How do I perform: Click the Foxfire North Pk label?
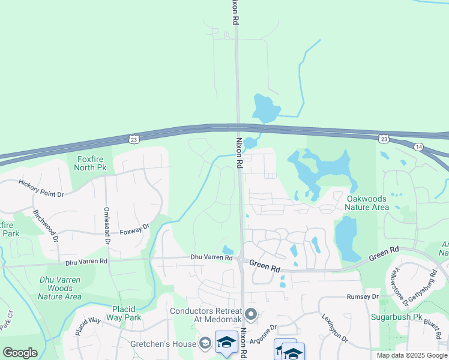pos(90,163)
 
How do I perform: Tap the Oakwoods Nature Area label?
pos(367,202)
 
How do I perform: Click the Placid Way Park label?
pos(126,313)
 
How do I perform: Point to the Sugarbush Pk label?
pos(413,314)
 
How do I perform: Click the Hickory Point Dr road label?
pos(41,188)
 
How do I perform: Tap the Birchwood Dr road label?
pos(46,226)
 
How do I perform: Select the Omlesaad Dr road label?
pos(107,226)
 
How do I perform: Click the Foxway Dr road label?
pos(134,232)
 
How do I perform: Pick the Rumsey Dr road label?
pos(363,297)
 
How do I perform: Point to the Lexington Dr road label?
pos(334,328)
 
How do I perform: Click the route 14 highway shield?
pos(418,147)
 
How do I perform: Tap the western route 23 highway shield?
pos(133,139)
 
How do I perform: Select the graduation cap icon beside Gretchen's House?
pos(205,343)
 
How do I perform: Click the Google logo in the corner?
pos(20,353)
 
